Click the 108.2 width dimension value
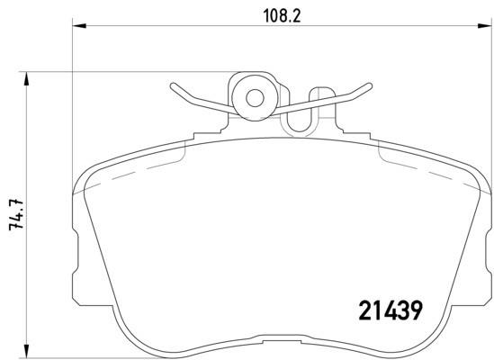282,16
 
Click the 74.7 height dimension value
16,215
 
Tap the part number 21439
391,310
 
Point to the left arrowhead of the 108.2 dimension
79,25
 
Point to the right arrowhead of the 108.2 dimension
484,25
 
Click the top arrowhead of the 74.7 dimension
26,79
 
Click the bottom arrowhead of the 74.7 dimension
26,351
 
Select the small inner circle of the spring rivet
255,98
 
